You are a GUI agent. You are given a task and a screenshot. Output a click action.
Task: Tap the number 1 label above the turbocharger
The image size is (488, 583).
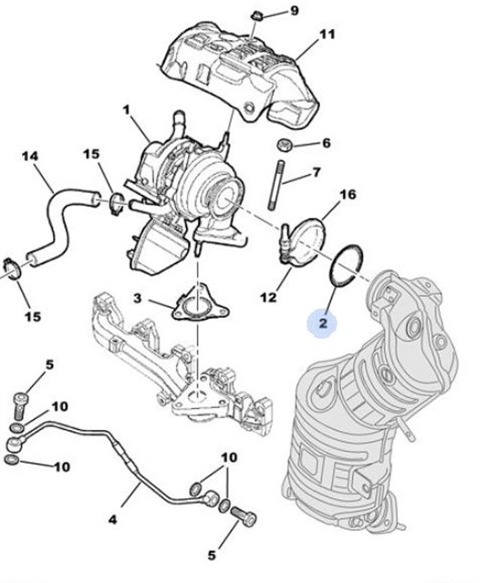[126, 109]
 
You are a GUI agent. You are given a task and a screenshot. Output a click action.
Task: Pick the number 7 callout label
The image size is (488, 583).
[317, 172]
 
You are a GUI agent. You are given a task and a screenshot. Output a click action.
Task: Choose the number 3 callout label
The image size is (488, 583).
[137, 298]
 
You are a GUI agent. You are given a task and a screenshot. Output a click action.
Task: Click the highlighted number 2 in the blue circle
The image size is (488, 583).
[322, 322]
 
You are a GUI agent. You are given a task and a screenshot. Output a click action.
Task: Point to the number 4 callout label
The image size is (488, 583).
[113, 520]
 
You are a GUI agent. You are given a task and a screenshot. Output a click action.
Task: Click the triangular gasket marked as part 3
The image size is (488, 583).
[192, 306]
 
